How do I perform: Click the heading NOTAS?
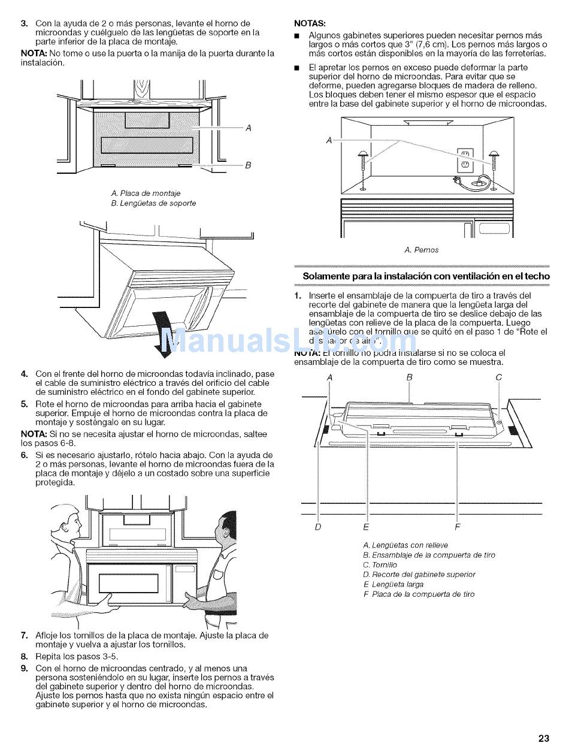(x=310, y=23)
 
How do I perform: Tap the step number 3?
(x=24, y=23)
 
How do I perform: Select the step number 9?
(x=24, y=668)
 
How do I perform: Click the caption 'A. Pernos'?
(x=421, y=250)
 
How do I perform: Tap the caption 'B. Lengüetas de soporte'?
(x=153, y=203)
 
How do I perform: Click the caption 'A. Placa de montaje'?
(x=146, y=194)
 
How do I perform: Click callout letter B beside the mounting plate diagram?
(x=248, y=165)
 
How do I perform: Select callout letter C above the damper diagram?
(x=498, y=377)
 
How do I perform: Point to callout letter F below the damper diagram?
(x=458, y=527)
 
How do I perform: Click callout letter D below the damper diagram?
(x=318, y=527)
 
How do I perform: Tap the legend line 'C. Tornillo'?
(x=380, y=565)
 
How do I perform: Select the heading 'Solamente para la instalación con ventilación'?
(x=426, y=276)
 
